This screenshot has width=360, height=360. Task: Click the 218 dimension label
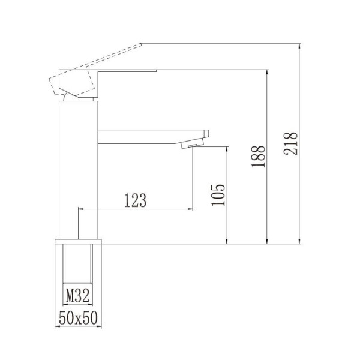click(x=290, y=143)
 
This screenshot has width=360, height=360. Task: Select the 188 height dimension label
click(x=258, y=157)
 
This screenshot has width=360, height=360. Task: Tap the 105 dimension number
click(x=218, y=195)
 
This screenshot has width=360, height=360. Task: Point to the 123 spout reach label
click(x=135, y=200)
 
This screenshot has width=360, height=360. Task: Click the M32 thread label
click(x=77, y=296)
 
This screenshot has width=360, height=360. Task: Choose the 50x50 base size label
click(x=78, y=318)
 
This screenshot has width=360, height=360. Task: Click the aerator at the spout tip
click(x=193, y=144)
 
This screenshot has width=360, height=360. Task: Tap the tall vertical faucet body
click(x=79, y=170)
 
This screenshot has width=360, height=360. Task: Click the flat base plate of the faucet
click(x=78, y=242)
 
